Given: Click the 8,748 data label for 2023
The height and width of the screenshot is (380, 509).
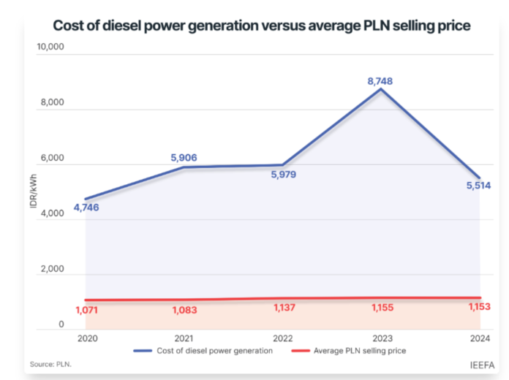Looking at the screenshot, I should [380, 81].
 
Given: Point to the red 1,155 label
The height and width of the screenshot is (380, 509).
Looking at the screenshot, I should [380, 308].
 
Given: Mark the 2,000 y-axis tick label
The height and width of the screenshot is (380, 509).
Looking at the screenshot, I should [53, 270].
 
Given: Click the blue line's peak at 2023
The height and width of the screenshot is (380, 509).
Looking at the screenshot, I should [380, 89].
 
